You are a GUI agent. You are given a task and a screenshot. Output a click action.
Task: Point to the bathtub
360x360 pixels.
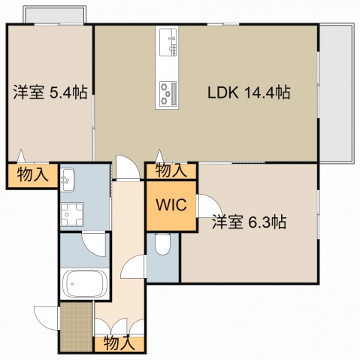(x=85, y=284)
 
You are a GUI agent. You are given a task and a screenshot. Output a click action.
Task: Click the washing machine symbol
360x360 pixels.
(x=75, y=215)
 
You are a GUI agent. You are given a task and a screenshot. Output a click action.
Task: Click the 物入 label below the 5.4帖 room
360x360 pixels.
(x=32, y=176)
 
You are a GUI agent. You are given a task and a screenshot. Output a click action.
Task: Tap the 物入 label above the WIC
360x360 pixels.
(x=171, y=171)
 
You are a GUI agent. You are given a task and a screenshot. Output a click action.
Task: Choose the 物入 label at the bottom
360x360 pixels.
(x=119, y=343)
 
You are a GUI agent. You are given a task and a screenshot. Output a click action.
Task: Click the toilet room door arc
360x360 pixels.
(x=136, y=267)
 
